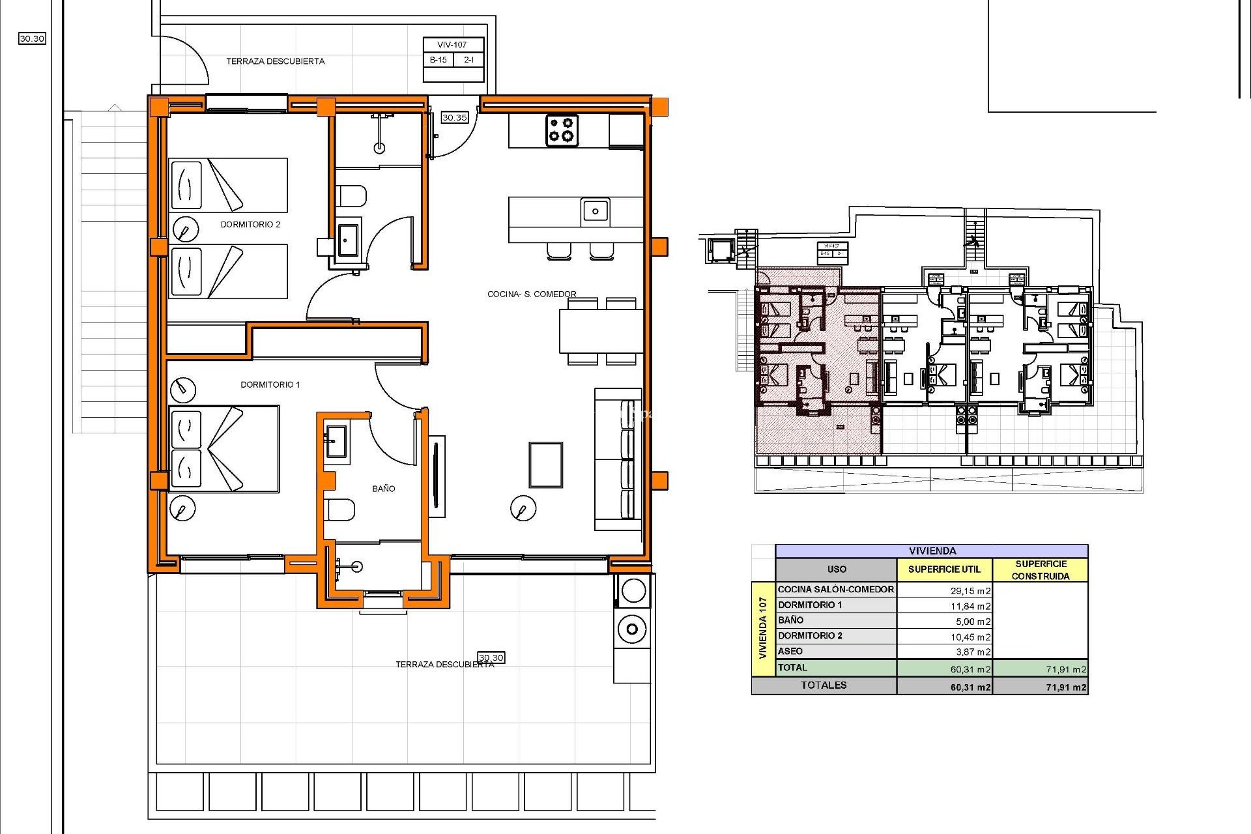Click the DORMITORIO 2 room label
coord(250,224)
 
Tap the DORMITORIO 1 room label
coord(270,384)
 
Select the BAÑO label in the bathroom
coord(383,488)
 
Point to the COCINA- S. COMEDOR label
coord(532,294)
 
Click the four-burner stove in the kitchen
coord(562,129)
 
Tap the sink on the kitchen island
coord(595,211)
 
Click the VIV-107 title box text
coord(452,45)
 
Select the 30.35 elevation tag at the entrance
coord(454,117)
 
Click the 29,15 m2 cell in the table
coord(970,591)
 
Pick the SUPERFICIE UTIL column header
coord(943,569)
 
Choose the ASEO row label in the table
coord(790,651)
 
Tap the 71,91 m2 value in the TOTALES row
coord(1065,687)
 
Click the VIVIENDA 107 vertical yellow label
coord(762,628)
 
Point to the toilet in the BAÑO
coord(339,509)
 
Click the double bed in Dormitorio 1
coord(223,449)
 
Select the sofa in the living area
coord(618,459)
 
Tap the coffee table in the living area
coord(545,465)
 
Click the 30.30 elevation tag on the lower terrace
coord(491,657)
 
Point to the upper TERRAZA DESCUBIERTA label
coord(275,61)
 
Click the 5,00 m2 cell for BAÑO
coord(973,622)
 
